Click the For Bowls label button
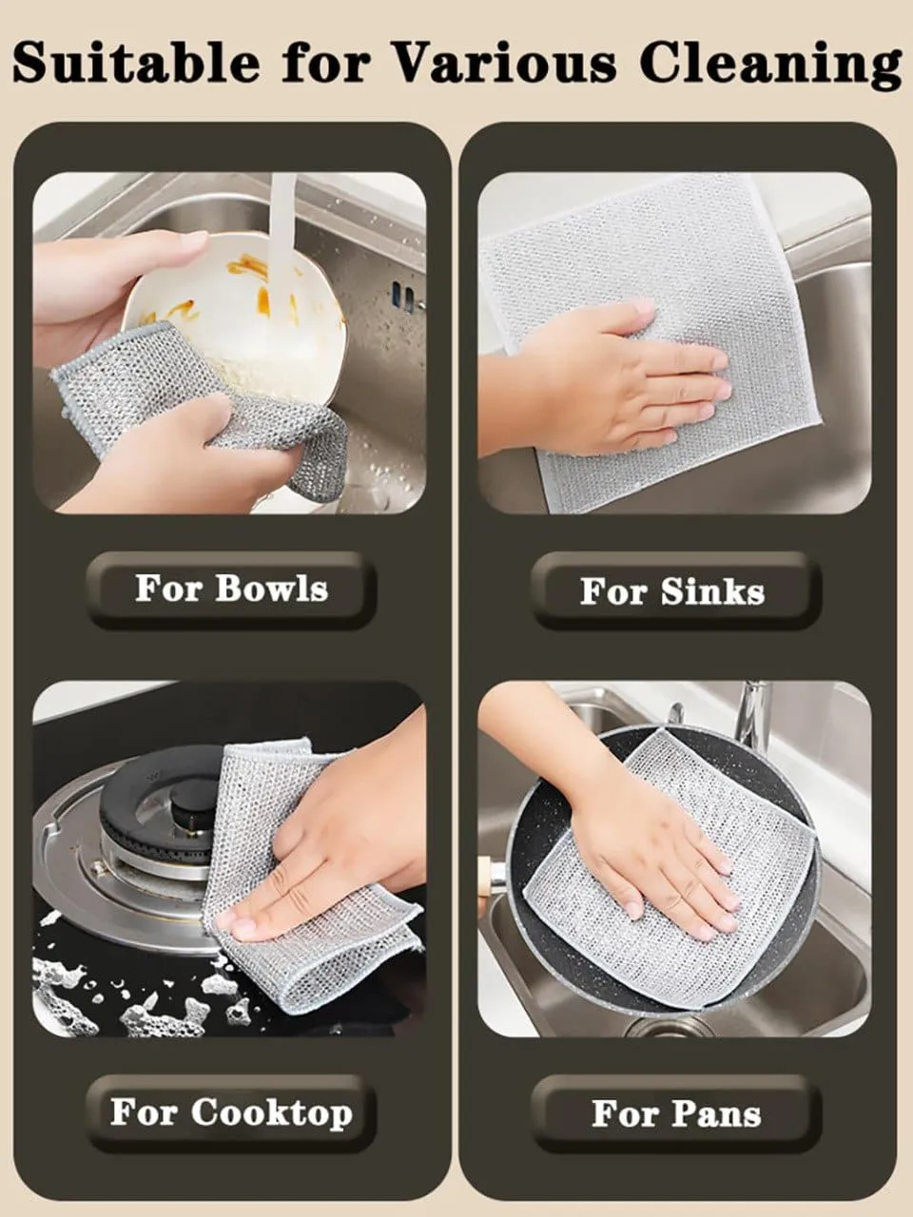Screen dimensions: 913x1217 [x=232, y=589]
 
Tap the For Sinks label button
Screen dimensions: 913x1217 [x=675, y=591]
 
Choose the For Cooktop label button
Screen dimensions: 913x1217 [x=232, y=1113]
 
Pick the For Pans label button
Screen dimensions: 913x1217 [x=676, y=1114]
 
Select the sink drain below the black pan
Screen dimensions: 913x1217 [x=676, y=1026]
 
